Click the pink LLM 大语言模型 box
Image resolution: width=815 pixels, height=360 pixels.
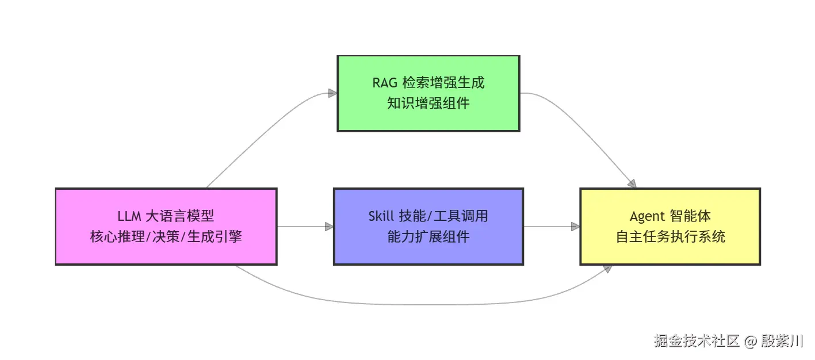[166, 226]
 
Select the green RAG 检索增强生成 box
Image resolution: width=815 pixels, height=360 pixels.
[428, 93]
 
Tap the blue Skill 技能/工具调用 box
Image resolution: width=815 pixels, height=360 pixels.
[428, 226]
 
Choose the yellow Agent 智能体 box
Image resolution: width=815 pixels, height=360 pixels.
[670, 226]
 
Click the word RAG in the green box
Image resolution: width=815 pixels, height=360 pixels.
[384, 83]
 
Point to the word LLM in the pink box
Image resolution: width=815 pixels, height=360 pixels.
[129, 217]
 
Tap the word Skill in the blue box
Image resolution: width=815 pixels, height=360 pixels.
[381, 217]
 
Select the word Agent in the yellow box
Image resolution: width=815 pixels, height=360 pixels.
[647, 217]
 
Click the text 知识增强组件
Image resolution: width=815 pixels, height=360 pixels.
[428, 104]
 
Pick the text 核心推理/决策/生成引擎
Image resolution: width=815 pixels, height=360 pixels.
[166, 236]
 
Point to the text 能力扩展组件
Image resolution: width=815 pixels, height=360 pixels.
[428, 236]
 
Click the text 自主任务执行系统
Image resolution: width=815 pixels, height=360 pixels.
[670, 236]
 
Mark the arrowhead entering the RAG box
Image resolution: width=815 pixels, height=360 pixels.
[332, 93]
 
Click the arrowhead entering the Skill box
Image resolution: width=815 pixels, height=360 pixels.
[329, 227]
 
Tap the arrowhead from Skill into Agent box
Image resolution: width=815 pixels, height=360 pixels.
[575, 227]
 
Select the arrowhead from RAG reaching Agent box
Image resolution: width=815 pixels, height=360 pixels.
[632, 183]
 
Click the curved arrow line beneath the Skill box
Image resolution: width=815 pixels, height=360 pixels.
[428, 304]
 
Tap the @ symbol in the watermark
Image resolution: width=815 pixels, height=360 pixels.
[750, 342]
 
